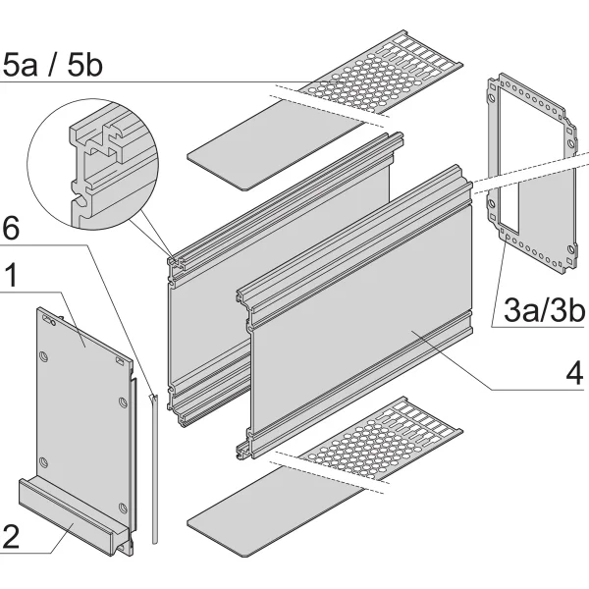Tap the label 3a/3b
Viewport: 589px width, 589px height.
coord(542,313)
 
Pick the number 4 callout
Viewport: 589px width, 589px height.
coord(574,375)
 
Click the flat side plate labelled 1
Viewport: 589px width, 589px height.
coord(83,393)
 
